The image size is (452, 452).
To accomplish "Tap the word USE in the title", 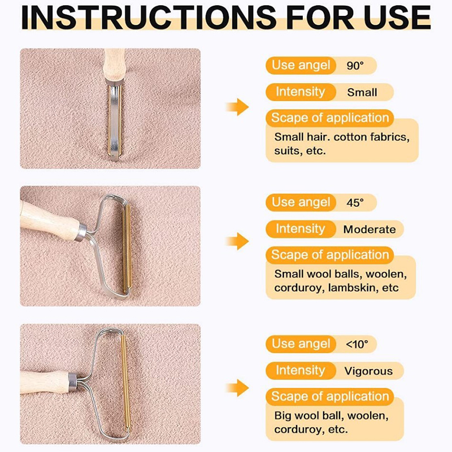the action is click(x=397, y=17).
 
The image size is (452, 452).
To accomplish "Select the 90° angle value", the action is click(x=355, y=66).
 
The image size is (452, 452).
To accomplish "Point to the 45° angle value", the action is click(x=355, y=203).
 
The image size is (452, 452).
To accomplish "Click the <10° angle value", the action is click(x=357, y=344).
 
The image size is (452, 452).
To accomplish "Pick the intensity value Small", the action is click(x=362, y=93).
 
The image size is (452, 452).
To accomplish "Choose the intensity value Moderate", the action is click(x=370, y=229).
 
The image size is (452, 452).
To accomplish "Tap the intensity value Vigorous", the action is click(x=368, y=371).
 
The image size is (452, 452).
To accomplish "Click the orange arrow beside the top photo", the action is click(x=237, y=107).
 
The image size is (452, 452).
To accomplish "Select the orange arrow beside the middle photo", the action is click(x=237, y=241).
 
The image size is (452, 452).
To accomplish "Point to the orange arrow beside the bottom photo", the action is click(x=237, y=388).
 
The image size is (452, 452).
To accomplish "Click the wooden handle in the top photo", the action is click(x=115, y=65).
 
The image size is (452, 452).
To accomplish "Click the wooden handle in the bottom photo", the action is click(x=45, y=382).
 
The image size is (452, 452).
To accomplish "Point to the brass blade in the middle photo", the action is click(x=127, y=249).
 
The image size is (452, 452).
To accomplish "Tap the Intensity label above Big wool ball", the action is click(x=301, y=371).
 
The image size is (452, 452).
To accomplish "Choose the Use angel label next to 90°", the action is click(x=301, y=65).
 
